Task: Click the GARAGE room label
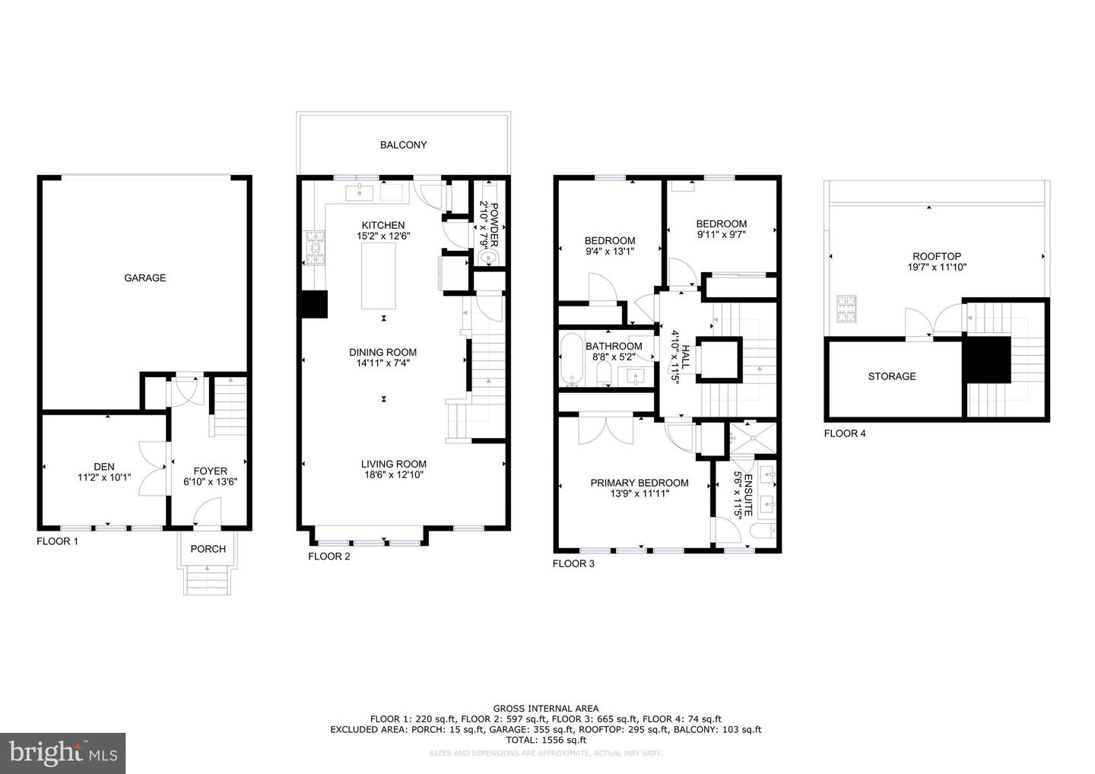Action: tap(144, 278)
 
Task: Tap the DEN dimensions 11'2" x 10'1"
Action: tap(104, 478)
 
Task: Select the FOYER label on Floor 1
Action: tap(210, 471)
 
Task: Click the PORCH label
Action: tap(208, 549)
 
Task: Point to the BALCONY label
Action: tap(403, 144)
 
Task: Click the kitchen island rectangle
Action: tap(378, 278)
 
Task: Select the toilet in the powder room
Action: tap(487, 259)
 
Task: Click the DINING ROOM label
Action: tap(382, 352)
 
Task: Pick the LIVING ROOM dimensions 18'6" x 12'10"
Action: tap(393, 475)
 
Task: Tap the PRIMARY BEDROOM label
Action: tap(640, 483)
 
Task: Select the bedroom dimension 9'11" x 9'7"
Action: tap(721, 235)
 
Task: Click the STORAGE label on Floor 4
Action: tap(892, 376)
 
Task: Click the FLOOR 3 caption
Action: tap(573, 563)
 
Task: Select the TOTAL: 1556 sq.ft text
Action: tap(545, 740)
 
